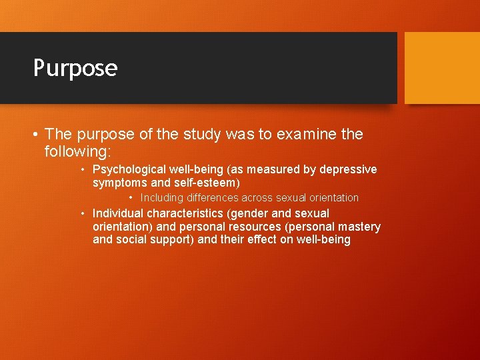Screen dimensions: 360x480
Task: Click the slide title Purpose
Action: tap(75, 68)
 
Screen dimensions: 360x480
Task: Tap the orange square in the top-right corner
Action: tap(442, 68)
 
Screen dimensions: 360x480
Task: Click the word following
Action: tap(78, 151)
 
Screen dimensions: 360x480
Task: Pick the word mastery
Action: tap(359, 227)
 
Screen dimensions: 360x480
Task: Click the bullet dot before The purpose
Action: tap(35, 135)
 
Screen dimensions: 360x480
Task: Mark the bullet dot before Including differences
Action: tap(133, 198)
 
